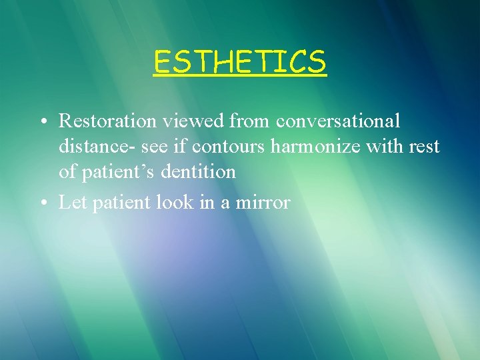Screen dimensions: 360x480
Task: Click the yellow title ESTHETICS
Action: coord(239,62)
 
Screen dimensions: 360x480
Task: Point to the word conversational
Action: coord(338,121)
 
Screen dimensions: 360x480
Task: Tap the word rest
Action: coord(425,146)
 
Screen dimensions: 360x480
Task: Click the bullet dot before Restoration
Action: coord(42,121)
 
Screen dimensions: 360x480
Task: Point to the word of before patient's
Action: coord(67,171)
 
